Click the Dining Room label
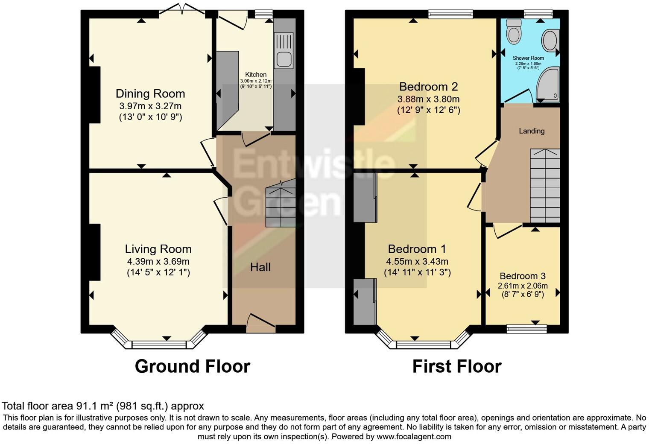point(150,94)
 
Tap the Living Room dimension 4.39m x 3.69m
point(158,261)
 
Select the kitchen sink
point(284,51)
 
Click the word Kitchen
point(256,74)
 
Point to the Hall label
point(260,267)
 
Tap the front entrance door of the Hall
point(260,324)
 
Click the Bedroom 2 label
point(428,87)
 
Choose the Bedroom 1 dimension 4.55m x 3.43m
point(417,261)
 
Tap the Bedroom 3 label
point(523,276)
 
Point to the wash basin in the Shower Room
point(550,41)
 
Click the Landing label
point(532,131)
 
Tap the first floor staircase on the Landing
point(545,186)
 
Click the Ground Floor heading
point(192,366)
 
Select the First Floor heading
point(456,366)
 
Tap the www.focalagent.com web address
point(413,436)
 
